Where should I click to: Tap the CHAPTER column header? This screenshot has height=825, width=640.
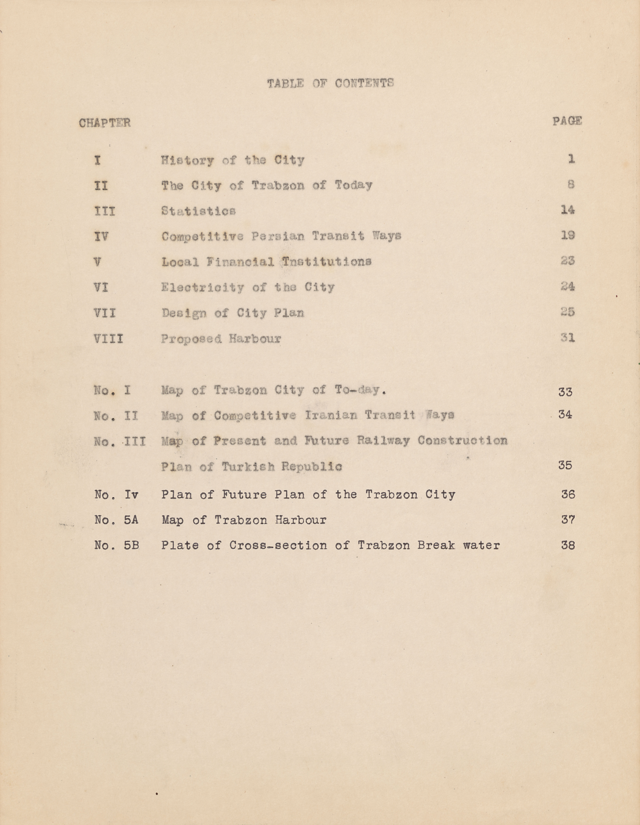(105, 123)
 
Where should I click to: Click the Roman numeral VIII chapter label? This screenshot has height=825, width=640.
(108, 338)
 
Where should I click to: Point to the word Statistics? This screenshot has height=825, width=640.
(198, 211)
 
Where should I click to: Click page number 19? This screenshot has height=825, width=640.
(567, 235)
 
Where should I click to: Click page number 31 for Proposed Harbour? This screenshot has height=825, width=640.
(567, 337)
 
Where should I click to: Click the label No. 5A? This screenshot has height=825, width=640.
(116, 520)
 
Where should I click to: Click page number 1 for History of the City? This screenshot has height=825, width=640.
(571, 159)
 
